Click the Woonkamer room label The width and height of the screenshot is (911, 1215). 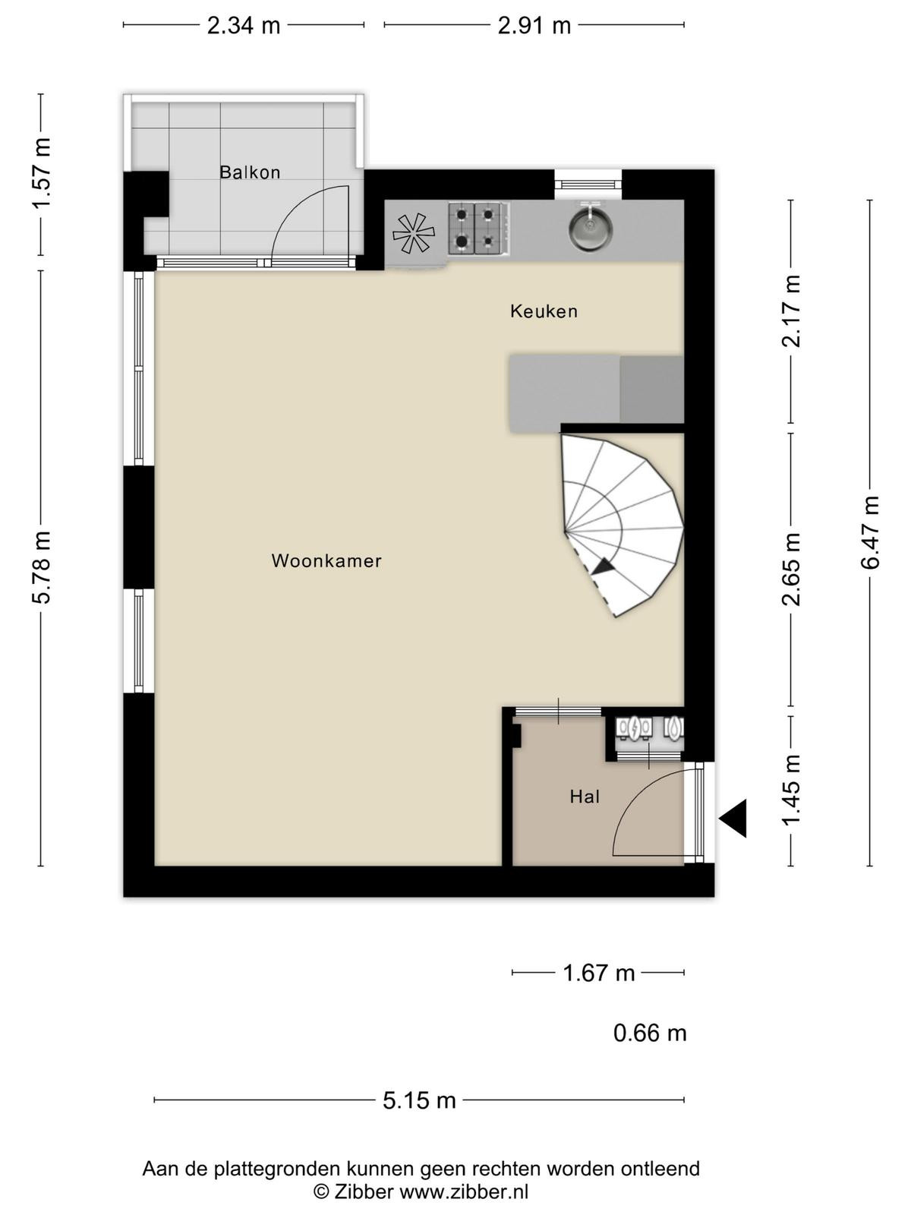(326, 561)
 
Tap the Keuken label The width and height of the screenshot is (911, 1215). (544, 311)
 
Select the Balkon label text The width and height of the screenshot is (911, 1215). (250, 172)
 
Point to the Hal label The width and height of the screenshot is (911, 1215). (585, 797)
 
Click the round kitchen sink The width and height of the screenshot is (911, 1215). (590, 226)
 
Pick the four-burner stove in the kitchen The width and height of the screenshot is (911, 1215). (478, 229)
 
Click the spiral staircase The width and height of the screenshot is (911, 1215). (623, 525)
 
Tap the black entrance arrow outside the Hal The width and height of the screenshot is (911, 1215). (733, 818)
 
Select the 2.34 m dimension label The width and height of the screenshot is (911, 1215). (244, 26)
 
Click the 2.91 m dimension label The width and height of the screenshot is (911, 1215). (534, 26)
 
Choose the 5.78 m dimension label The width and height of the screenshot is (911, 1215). (42, 566)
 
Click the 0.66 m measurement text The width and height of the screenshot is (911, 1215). (650, 1033)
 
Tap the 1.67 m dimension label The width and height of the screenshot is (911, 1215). (598, 973)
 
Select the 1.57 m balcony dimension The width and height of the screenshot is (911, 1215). (42, 173)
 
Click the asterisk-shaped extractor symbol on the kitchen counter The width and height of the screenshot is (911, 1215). (413, 234)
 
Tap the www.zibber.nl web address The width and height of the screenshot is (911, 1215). (464, 1191)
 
